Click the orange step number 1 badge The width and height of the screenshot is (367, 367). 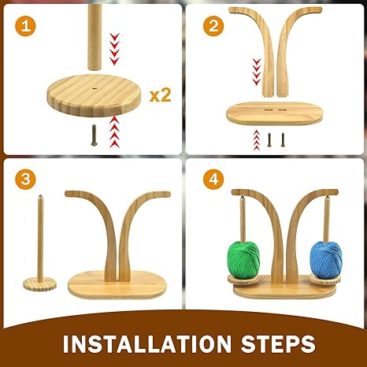[x=25, y=26]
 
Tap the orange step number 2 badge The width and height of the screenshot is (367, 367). [x=213, y=26]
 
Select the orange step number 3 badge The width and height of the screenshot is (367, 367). [x=25, y=180]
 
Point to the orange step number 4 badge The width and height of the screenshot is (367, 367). [x=213, y=180]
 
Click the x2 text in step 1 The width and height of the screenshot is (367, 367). [x=160, y=95]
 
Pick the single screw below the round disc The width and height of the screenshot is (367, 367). [x=94, y=135]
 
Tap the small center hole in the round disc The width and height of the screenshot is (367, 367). [x=94, y=89]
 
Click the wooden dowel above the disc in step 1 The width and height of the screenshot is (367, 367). [x=95, y=37]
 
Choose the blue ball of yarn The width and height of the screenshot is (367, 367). [x=326, y=258]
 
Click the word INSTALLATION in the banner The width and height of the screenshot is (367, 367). [x=147, y=343]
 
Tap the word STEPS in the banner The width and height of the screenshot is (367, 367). [x=278, y=343]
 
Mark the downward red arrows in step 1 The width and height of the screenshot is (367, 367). [x=114, y=49]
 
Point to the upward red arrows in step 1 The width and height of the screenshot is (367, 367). [x=114, y=132]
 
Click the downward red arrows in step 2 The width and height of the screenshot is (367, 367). [x=257, y=72]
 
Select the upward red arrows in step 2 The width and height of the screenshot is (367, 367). [x=257, y=139]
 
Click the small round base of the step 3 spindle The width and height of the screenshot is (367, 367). [x=39, y=284]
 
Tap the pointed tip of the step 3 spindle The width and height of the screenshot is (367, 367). [x=40, y=195]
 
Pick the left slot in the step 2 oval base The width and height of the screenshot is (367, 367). [x=269, y=109]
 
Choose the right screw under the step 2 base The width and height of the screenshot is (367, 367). [x=283, y=139]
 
